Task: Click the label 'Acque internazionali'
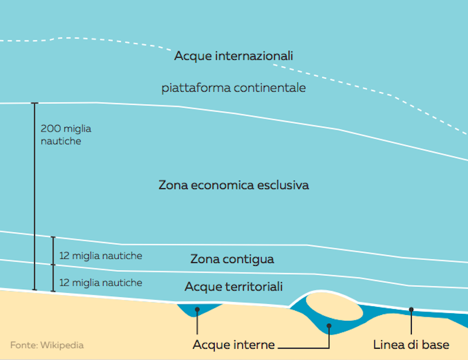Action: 233,57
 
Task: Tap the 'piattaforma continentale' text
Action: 234,88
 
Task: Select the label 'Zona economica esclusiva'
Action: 233,185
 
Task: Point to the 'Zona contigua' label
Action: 232,259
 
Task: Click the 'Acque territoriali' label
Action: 234,287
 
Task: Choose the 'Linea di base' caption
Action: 411,345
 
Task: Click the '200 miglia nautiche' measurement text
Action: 66,134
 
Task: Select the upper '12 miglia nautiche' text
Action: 101,256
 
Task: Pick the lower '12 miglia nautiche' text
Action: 101,283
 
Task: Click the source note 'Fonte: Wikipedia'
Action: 47,345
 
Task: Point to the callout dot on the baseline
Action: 411,309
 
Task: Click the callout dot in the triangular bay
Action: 198,309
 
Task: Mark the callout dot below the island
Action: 329,326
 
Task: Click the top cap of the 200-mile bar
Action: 35,103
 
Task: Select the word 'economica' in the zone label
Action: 223,185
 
